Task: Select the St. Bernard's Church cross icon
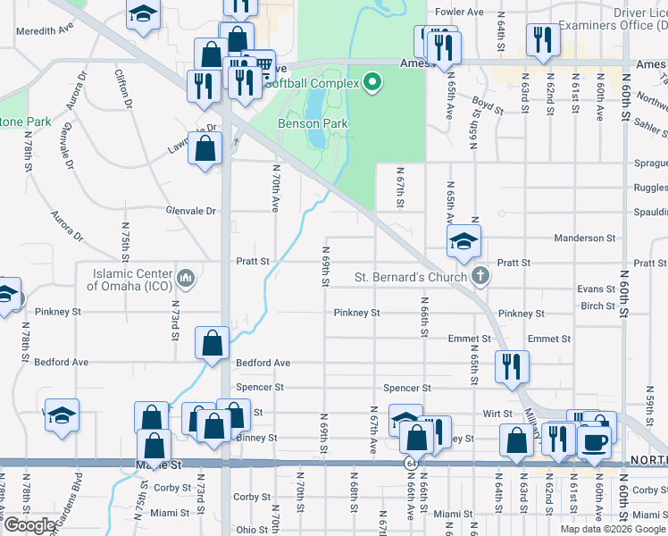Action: (480, 276)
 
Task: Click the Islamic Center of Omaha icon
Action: (186, 278)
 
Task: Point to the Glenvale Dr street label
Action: (191, 211)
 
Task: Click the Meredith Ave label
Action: (45, 29)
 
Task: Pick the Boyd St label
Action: (488, 105)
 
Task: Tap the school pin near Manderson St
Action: (463, 241)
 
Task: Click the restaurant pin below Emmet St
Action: (511, 366)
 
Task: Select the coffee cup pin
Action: (595, 440)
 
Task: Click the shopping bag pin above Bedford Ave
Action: (213, 343)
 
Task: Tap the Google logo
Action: (29, 525)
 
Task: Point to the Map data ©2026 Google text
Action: (613, 529)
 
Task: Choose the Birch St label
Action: (597, 306)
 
